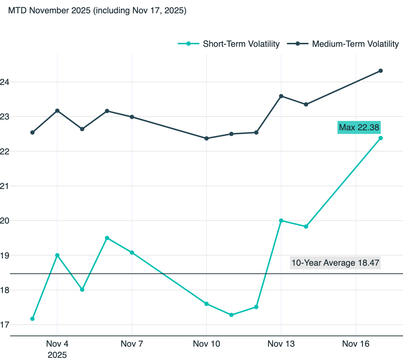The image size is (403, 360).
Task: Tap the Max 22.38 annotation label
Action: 359,127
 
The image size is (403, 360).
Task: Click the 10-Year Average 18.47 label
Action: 335,263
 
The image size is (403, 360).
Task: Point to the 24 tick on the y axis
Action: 4,82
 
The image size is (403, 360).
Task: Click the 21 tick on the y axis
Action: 4,186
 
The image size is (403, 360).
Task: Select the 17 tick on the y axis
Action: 4,325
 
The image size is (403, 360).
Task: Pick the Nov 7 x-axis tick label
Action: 132,344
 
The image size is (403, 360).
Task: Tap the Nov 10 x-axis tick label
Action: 207,344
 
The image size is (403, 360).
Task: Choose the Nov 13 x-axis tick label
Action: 281,344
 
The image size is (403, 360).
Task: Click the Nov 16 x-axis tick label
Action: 356,344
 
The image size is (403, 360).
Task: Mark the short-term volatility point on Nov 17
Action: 381,138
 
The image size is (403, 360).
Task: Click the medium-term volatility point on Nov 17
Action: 381,71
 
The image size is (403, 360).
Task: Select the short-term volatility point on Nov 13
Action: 281,221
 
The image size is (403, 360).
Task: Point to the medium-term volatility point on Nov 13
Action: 281,96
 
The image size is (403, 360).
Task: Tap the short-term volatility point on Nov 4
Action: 57,255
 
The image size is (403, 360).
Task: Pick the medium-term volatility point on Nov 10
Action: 207,138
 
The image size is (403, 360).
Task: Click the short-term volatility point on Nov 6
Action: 107,238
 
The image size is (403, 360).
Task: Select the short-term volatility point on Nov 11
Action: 231,315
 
